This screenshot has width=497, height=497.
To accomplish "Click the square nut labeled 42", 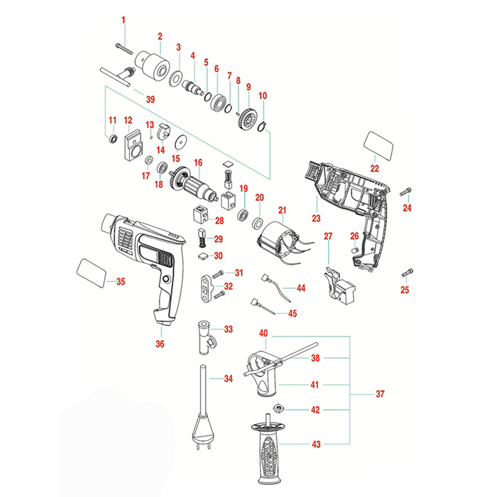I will pyautogui.click(x=279, y=410).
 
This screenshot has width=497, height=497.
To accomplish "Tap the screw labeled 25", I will pyautogui.click(x=408, y=271).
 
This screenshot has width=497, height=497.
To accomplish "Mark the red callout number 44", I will pyautogui.click(x=301, y=289).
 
